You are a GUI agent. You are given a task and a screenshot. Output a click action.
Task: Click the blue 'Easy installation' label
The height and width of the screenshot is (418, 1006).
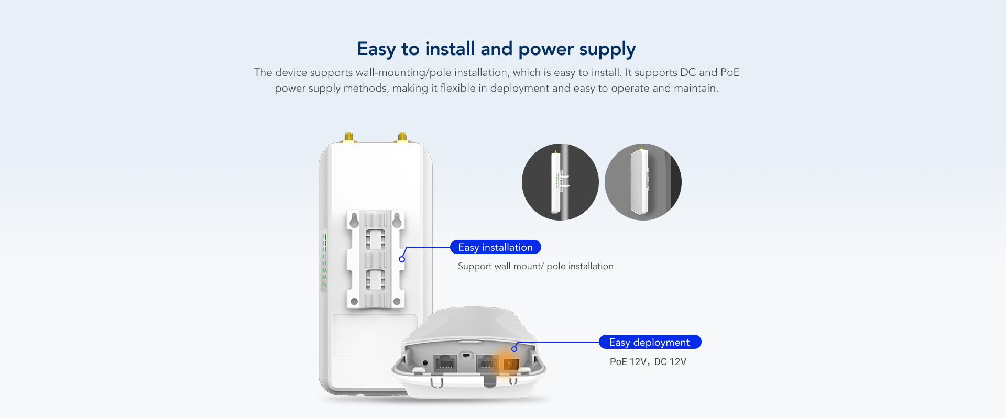tap(496, 247)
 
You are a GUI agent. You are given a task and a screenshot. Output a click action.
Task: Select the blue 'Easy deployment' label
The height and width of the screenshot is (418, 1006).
tap(650, 342)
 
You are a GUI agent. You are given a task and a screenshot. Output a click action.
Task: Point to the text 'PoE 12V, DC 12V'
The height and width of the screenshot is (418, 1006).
tap(648, 362)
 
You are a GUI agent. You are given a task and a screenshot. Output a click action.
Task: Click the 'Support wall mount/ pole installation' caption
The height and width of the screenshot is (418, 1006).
tap(535, 266)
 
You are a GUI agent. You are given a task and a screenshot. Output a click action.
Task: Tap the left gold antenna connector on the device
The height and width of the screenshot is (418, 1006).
tap(348, 137)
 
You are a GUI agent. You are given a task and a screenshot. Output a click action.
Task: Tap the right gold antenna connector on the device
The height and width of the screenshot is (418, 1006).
tap(402, 137)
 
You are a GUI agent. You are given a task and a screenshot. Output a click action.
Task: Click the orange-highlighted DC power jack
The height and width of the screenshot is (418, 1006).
tap(510, 364)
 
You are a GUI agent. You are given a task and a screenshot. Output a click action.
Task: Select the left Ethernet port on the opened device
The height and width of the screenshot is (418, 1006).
tap(445, 363)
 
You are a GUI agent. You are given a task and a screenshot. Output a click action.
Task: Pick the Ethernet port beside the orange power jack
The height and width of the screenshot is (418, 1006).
tap(487, 363)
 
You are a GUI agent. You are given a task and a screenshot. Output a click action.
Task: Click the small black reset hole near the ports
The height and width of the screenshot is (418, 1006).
tap(425, 362)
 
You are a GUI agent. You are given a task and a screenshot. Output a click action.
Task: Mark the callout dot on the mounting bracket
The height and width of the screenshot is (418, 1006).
tap(402, 259)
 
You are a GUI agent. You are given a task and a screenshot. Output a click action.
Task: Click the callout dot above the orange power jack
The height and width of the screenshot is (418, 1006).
tap(515, 349)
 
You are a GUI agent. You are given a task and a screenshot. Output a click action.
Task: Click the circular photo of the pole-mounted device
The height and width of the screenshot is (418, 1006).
tap(560, 182)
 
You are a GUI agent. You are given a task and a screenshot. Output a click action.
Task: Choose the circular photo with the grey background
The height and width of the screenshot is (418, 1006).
tap(643, 182)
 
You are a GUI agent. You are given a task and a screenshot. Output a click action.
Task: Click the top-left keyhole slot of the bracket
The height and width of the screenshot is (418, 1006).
tap(354, 220)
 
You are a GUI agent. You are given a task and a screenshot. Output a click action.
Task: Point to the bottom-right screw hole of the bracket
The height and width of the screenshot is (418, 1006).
tap(397, 302)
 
